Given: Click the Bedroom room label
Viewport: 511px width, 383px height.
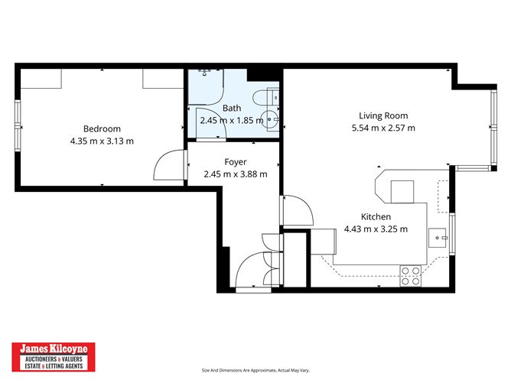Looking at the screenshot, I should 102,128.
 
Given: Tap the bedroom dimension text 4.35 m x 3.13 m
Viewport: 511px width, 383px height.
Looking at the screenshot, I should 102,141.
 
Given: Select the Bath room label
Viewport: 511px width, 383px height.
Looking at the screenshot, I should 232,109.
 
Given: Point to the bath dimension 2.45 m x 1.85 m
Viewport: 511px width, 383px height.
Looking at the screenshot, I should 232,120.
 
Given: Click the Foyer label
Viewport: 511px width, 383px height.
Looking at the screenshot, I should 235,162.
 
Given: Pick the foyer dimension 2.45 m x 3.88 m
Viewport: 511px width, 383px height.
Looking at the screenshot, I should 235,174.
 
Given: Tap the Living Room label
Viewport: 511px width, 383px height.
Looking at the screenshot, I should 383,115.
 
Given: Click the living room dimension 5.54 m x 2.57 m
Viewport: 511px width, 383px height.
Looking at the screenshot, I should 383,128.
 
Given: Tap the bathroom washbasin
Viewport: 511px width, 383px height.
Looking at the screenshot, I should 269,119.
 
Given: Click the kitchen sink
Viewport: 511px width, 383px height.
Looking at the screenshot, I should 439,235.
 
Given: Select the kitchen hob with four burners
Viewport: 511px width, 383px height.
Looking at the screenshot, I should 410,275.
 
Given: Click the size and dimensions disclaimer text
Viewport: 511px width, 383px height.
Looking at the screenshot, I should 255,370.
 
